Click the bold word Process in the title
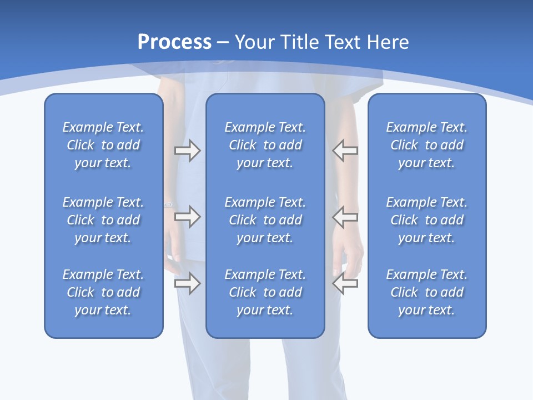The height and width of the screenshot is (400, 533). tap(174, 42)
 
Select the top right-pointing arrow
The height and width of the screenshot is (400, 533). tap(187, 151)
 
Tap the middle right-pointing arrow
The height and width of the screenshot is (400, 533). tap(187, 216)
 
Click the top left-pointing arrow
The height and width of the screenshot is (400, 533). tap(345, 151)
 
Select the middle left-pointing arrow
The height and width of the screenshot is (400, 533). tap(345, 216)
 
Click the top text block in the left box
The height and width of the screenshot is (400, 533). tap(103, 145)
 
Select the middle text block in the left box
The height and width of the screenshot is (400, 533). tap(103, 220)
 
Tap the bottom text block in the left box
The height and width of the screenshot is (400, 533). tap(103, 292)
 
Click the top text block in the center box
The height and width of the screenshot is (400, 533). tap(265, 145)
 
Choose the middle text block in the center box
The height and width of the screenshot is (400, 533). tap(265, 220)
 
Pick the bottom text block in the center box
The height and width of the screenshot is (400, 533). tap(265, 292)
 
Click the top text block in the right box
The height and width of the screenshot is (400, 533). tap(426, 145)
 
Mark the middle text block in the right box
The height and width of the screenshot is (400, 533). tap(426, 220)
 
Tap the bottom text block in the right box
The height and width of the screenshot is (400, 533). tap(426, 292)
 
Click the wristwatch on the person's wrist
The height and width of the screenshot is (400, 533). tap(168, 204)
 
